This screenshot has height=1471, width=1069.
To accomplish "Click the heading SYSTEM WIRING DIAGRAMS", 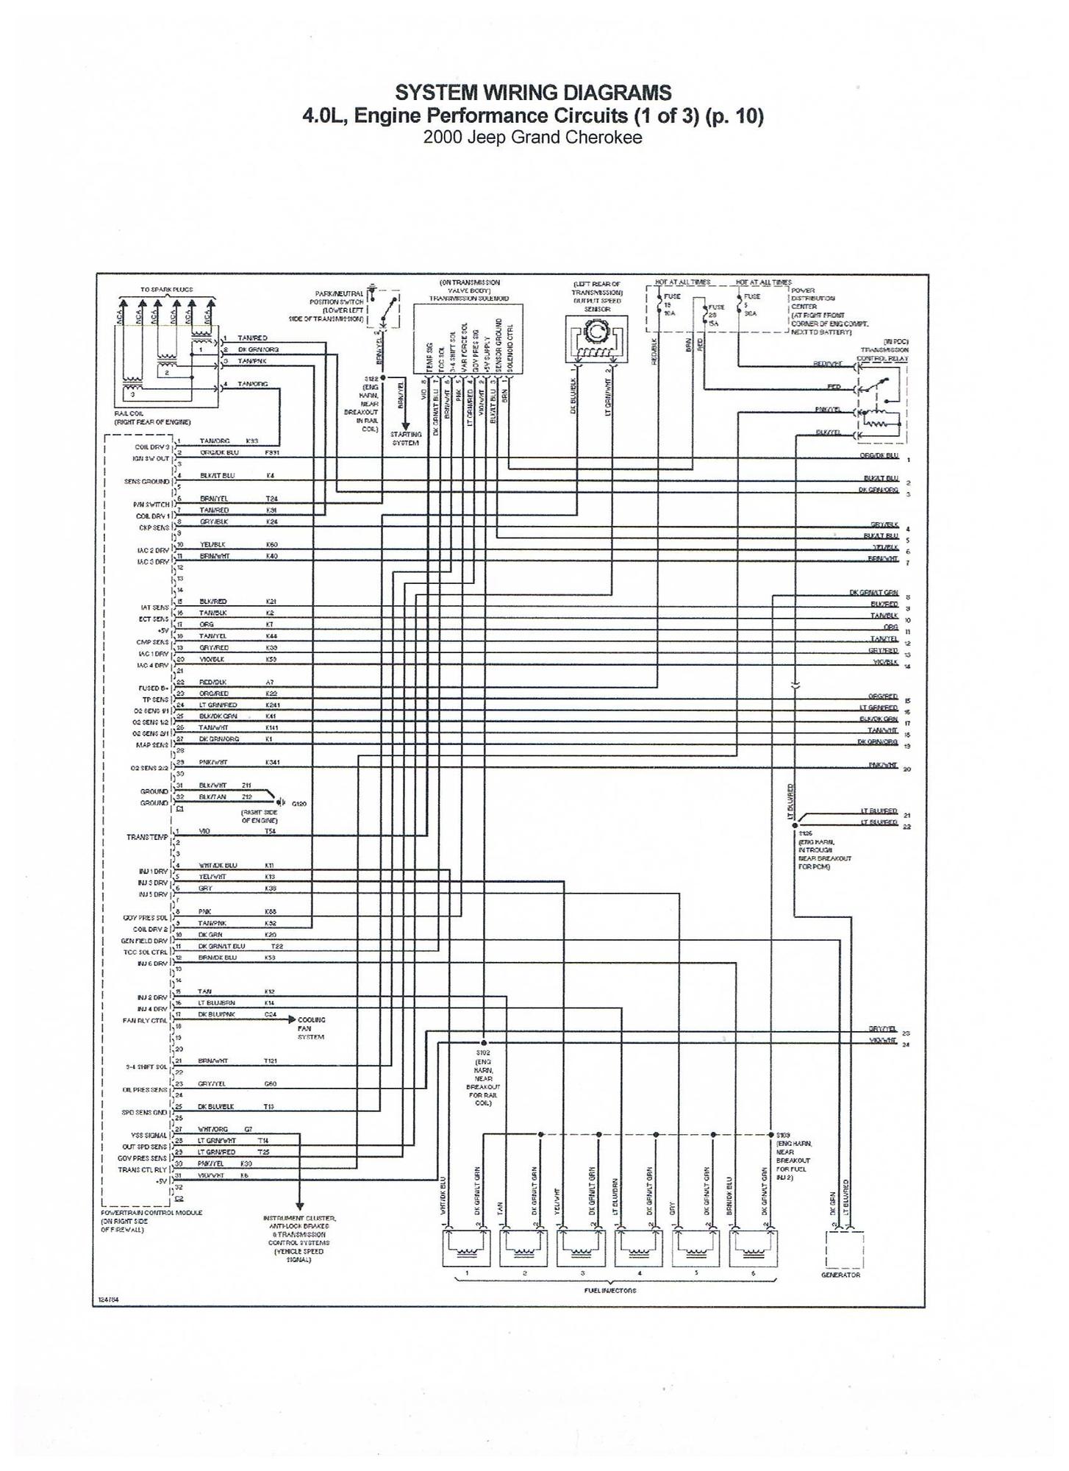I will [533, 93].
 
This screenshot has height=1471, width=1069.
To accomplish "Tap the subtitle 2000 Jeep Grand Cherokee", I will [533, 138].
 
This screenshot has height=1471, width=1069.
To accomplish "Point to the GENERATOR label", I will [840, 1275].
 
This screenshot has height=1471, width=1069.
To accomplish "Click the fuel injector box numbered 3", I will [582, 1248].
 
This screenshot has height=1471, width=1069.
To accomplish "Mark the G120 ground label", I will [299, 804].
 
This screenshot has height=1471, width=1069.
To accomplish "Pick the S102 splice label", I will [483, 1053].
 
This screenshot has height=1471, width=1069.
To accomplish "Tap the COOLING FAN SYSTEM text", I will [311, 1028].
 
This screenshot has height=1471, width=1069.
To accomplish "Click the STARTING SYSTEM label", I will [405, 438].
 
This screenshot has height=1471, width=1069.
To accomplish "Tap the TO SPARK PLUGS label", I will [167, 290].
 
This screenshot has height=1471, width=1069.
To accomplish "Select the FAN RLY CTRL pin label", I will [146, 1021].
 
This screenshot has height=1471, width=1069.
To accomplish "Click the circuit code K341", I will [272, 762].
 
